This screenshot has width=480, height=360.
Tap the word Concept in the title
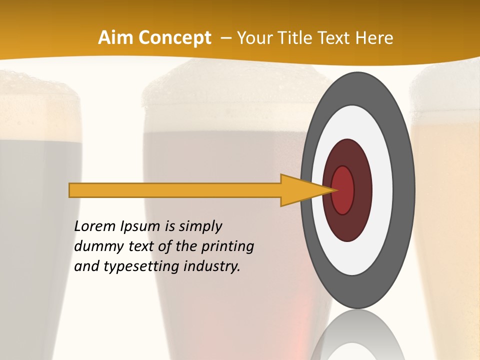174,38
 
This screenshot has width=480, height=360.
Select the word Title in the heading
294,38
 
